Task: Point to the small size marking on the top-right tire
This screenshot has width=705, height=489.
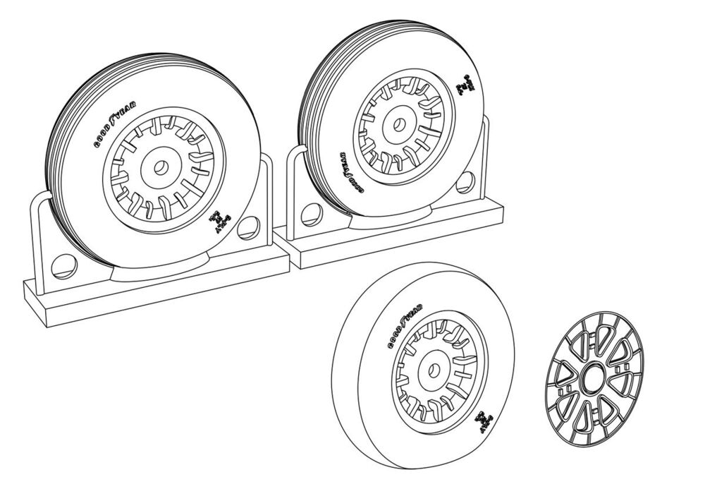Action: pyautogui.click(x=464, y=85)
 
